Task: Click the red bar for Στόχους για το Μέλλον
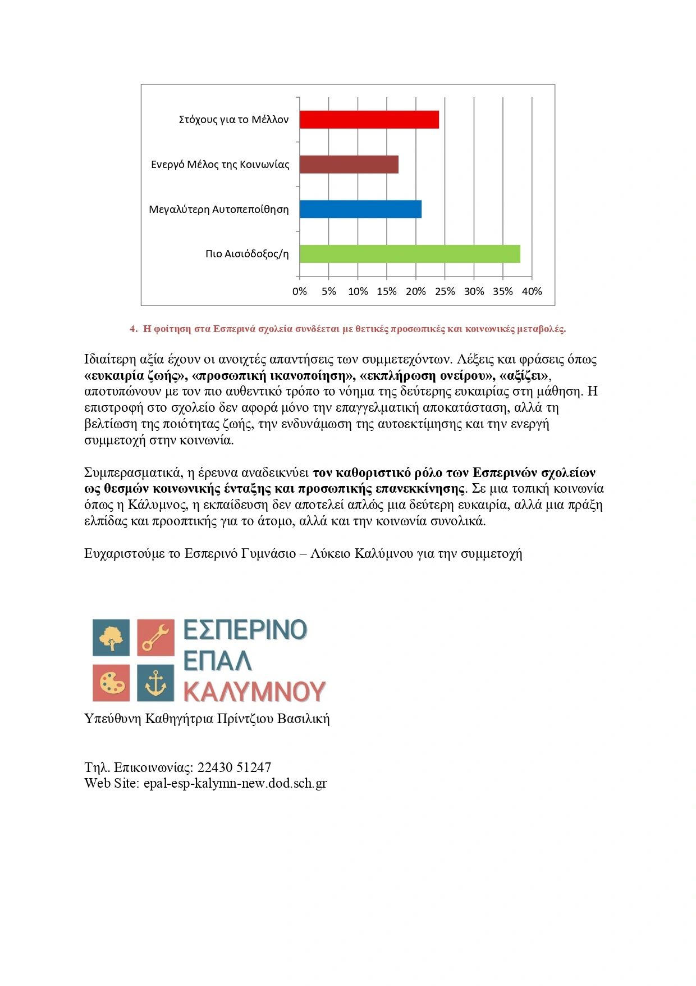tap(369, 120)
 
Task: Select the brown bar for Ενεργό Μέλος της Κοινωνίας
tap(349, 165)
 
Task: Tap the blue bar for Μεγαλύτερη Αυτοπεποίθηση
tap(360, 209)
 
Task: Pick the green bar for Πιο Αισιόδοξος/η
tap(410, 254)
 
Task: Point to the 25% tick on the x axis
tap(445, 292)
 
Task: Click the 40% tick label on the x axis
tap(532, 292)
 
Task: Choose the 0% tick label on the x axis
tap(300, 292)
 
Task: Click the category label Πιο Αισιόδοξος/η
tap(247, 254)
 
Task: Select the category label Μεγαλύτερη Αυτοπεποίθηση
tap(219, 210)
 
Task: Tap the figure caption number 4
tap(133, 329)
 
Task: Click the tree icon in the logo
tap(111, 638)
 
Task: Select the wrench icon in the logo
tap(156, 638)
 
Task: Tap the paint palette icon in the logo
tap(111, 683)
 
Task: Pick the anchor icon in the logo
tap(156, 683)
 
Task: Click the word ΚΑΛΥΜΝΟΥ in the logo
tap(255, 692)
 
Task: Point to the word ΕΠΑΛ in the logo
tap(217, 661)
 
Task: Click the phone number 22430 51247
tap(234, 767)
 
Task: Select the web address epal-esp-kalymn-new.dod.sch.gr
tap(235, 783)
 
